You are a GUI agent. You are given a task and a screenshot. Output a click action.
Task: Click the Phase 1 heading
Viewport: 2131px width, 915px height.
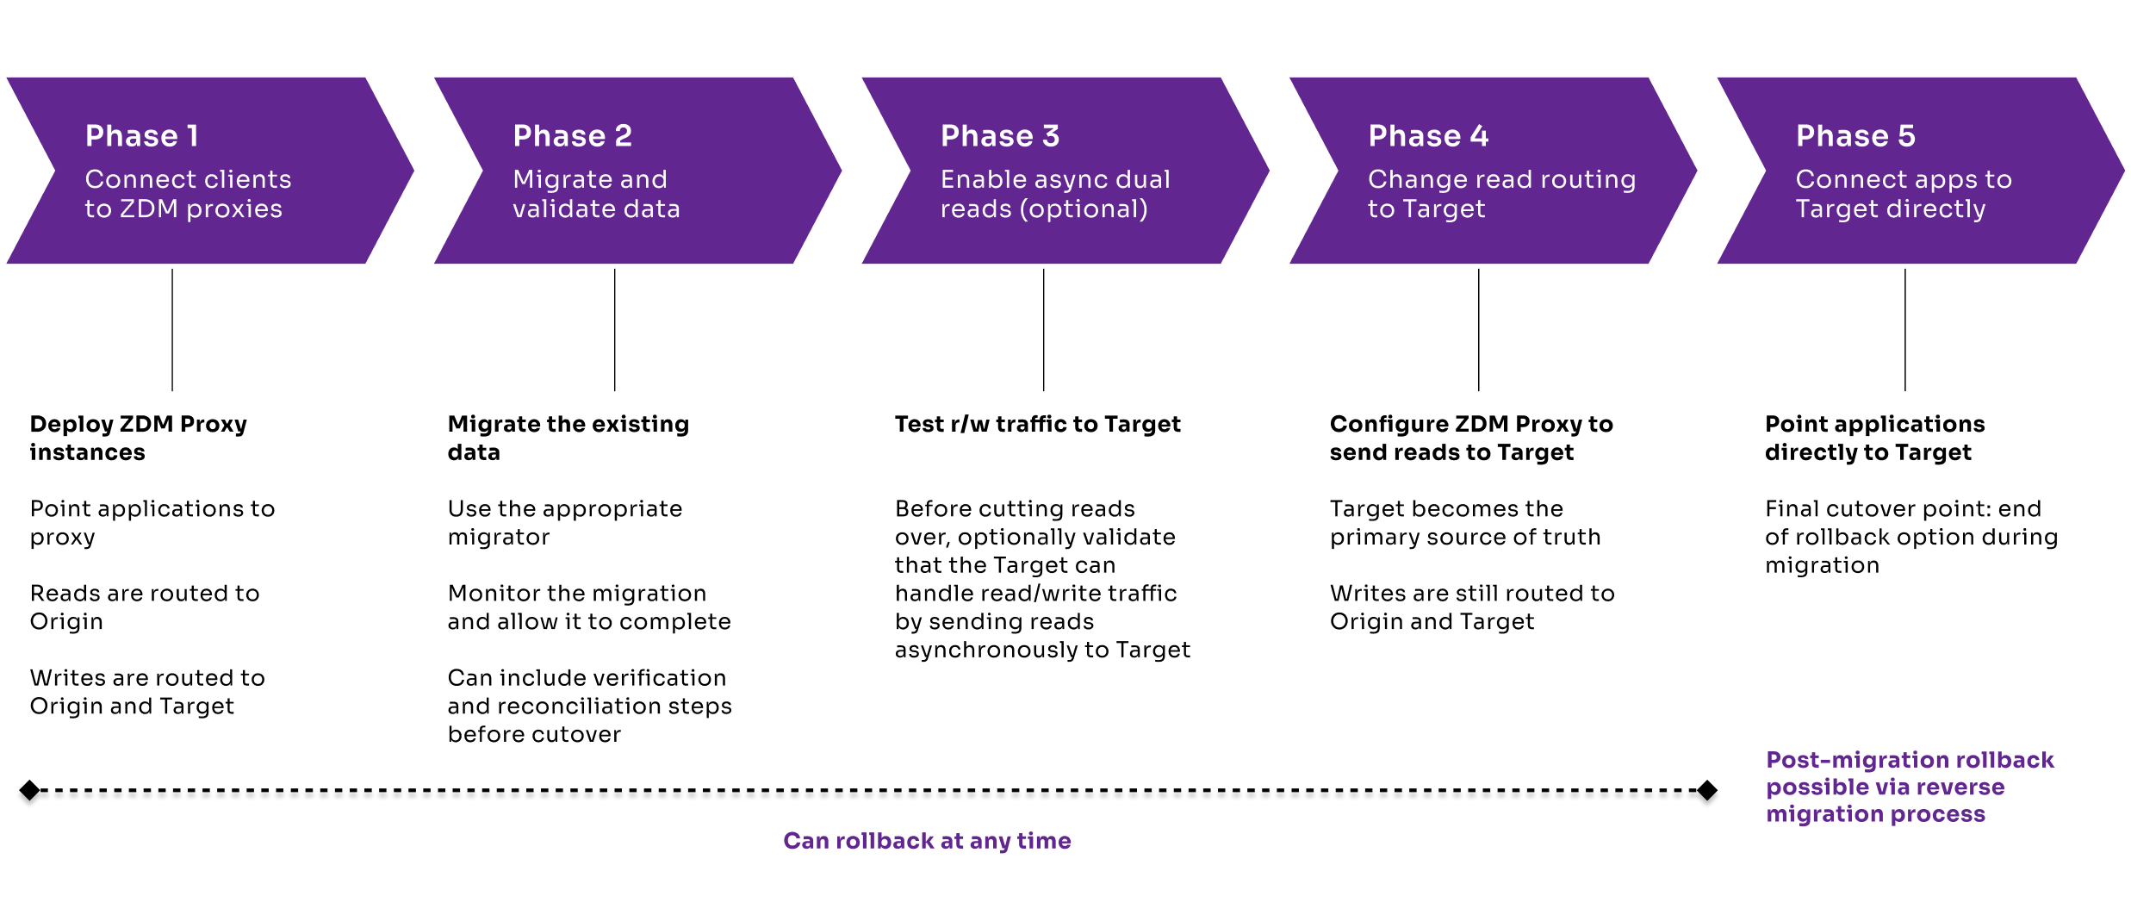coord(142,136)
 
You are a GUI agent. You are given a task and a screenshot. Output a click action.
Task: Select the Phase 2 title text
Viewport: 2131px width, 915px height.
coord(573,136)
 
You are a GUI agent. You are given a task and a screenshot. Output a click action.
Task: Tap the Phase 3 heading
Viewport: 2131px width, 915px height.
coord(1000,136)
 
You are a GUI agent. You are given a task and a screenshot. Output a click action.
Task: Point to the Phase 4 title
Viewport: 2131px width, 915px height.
coord(1428,136)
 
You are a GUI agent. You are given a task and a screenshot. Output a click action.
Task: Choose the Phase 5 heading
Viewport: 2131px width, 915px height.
coord(1855,136)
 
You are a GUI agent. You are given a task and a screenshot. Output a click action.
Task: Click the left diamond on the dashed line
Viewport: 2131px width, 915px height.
coord(29,790)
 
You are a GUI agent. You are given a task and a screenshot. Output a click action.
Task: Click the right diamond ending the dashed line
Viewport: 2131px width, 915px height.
coord(1706,790)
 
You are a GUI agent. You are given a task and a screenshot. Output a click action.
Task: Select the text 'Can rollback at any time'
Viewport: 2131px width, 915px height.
coord(927,841)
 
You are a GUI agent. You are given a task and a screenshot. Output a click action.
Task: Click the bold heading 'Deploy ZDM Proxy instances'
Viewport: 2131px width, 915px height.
coord(138,438)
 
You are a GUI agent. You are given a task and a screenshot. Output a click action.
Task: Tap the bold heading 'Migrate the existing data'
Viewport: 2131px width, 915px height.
coord(568,438)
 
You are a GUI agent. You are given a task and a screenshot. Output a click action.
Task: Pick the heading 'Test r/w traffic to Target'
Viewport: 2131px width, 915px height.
coord(1037,424)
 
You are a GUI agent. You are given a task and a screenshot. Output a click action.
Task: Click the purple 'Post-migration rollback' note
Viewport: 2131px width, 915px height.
coord(1910,787)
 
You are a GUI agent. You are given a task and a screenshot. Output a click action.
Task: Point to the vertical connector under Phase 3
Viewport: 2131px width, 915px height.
coord(1043,329)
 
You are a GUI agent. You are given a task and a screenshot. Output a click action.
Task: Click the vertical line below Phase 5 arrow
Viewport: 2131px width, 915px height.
coord(1904,329)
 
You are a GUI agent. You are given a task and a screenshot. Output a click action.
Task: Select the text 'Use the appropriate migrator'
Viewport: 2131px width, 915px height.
coord(564,522)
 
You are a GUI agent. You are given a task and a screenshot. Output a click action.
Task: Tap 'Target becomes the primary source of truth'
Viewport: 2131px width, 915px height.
coord(1464,522)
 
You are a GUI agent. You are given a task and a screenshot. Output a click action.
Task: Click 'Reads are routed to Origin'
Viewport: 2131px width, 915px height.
coord(144,607)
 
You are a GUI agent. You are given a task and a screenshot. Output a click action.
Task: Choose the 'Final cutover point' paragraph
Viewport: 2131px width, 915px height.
coord(1910,536)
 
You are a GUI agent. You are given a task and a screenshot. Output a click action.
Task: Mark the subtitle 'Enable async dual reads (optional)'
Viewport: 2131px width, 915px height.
coord(1055,194)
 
